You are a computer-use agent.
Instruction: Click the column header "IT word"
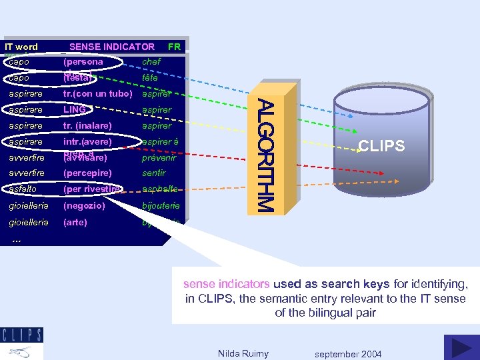click(x=21, y=47)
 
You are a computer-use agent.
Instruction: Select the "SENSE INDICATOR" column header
click(x=112, y=47)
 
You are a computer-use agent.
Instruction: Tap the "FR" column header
click(x=174, y=47)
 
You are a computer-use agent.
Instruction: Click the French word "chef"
click(x=151, y=62)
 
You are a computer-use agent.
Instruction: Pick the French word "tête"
click(x=150, y=78)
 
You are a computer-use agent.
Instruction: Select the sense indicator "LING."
click(x=75, y=109)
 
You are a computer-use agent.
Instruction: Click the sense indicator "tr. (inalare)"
click(x=87, y=125)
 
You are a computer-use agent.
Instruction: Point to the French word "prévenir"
click(x=159, y=158)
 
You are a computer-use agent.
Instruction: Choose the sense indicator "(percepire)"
click(x=87, y=173)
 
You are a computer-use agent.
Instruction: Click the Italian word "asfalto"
click(x=23, y=189)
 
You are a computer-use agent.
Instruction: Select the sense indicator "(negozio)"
click(x=84, y=206)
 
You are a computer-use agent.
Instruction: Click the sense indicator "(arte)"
click(x=75, y=222)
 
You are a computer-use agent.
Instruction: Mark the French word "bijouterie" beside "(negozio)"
click(x=161, y=206)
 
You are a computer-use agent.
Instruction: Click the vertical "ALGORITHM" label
click(x=265, y=156)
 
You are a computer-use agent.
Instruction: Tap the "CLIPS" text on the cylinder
click(x=381, y=146)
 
